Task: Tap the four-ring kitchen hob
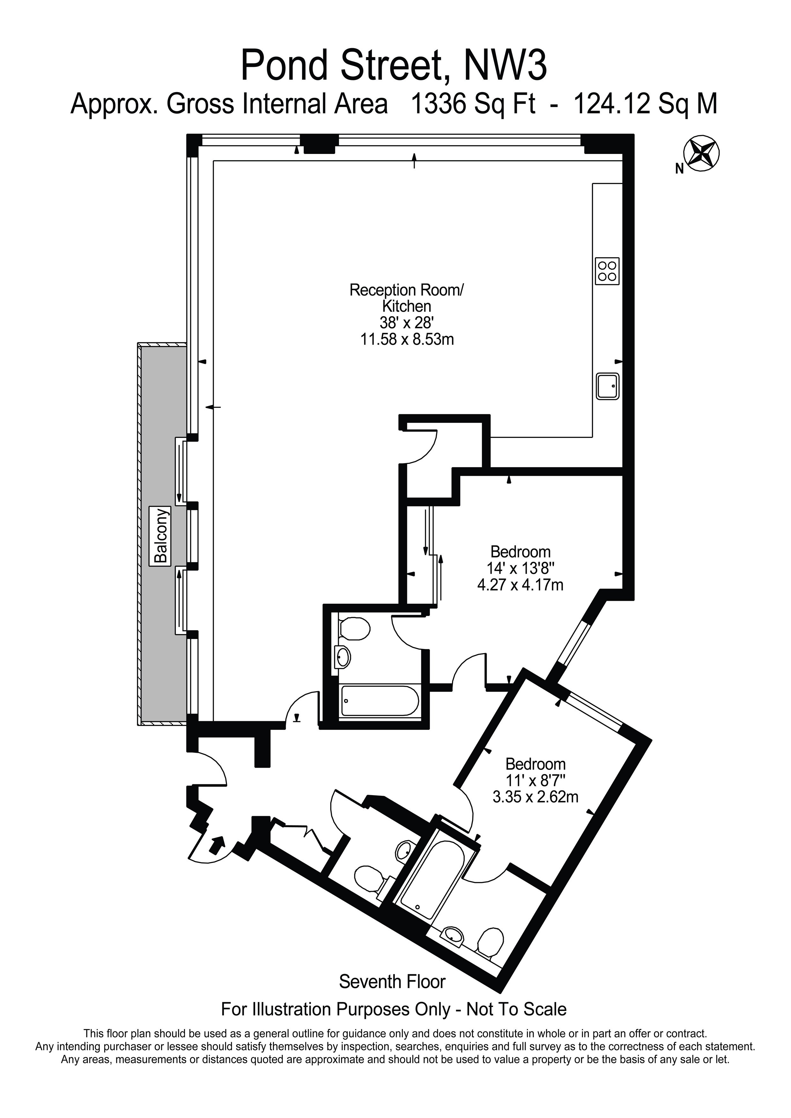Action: pyautogui.click(x=607, y=271)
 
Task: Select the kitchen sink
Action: pyautogui.click(x=607, y=386)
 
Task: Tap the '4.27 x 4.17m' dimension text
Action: pyautogui.click(x=520, y=584)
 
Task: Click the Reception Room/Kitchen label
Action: pyautogui.click(x=406, y=298)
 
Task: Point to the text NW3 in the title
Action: pyautogui.click(x=506, y=66)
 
